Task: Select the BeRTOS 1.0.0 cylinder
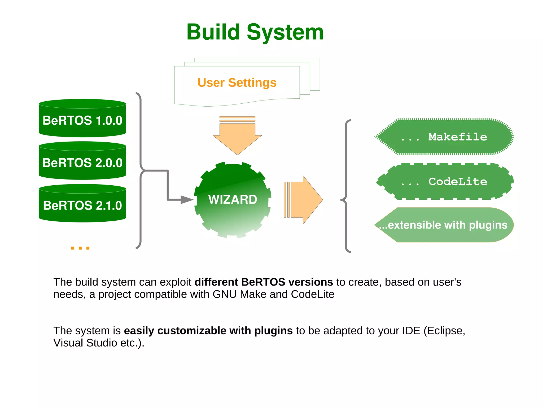[82, 120]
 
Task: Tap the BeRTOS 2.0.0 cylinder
[82, 163]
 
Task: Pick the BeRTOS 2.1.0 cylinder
[82, 205]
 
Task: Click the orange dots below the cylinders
[80, 248]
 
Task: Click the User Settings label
[237, 82]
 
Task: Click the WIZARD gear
[233, 199]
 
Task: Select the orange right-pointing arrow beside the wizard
[305, 200]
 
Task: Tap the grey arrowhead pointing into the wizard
[187, 200]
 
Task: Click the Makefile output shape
[444, 137]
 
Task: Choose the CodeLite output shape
[444, 181]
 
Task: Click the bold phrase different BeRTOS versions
[264, 282]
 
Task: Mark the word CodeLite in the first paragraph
[312, 294]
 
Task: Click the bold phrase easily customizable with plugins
[208, 331]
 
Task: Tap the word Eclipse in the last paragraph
[444, 331]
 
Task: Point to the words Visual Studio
[85, 343]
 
